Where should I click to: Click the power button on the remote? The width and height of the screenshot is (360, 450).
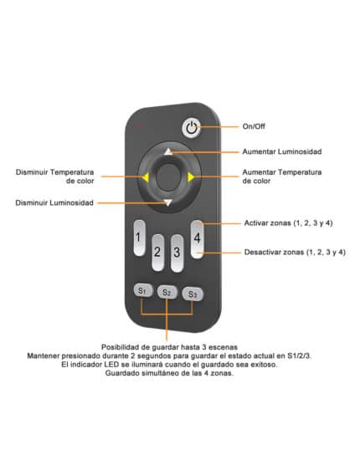pyautogui.click(x=192, y=127)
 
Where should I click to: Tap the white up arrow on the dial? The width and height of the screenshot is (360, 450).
pyautogui.click(x=168, y=151)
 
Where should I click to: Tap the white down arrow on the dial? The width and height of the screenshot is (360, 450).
pyautogui.click(x=167, y=202)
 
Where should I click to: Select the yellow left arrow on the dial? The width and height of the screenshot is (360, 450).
pyautogui.click(x=146, y=177)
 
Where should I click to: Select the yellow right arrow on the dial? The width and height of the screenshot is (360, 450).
pyautogui.click(x=191, y=177)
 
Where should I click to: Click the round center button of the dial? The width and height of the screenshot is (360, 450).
pyautogui.click(x=168, y=177)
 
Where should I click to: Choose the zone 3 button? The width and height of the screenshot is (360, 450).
pyautogui.click(x=177, y=253)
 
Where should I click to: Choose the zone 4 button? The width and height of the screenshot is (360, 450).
pyautogui.click(x=197, y=239)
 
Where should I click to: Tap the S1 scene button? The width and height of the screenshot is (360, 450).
pyautogui.click(x=143, y=290)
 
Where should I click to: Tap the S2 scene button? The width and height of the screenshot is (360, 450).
pyautogui.click(x=167, y=292)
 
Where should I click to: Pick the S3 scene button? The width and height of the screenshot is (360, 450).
pyautogui.click(x=193, y=294)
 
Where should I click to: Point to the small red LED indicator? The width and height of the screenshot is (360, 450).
pyautogui.click(x=140, y=125)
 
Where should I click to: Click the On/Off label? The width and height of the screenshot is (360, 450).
pyautogui.click(x=254, y=126)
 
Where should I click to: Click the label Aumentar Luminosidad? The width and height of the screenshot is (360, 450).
pyautogui.click(x=282, y=151)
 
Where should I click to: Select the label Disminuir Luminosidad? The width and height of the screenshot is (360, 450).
pyautogui.click(x=54, y=202)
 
